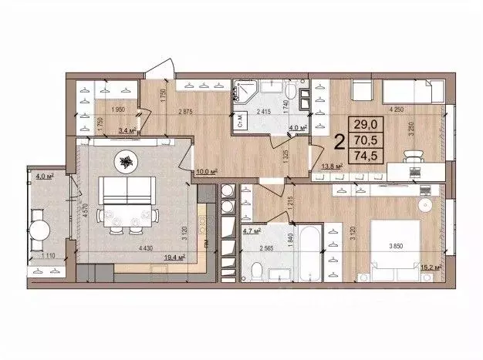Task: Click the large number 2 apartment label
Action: (339, 142)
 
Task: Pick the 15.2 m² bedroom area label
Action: (432, 267)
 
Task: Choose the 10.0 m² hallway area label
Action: (204, 171)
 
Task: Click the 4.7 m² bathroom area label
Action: (252, 230)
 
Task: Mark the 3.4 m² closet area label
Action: (127, 131)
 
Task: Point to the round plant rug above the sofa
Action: (124, 161)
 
